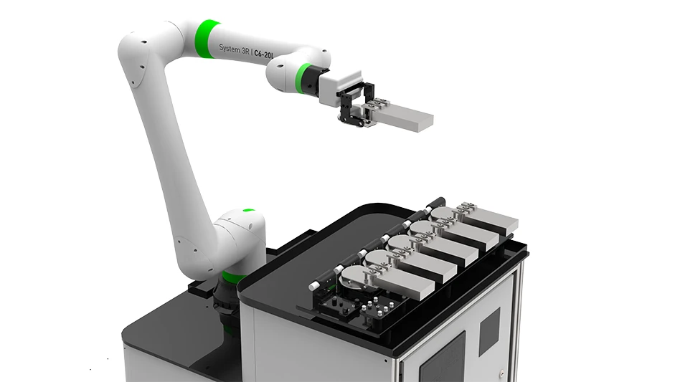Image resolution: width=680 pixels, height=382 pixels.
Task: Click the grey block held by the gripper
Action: [405, 116]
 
